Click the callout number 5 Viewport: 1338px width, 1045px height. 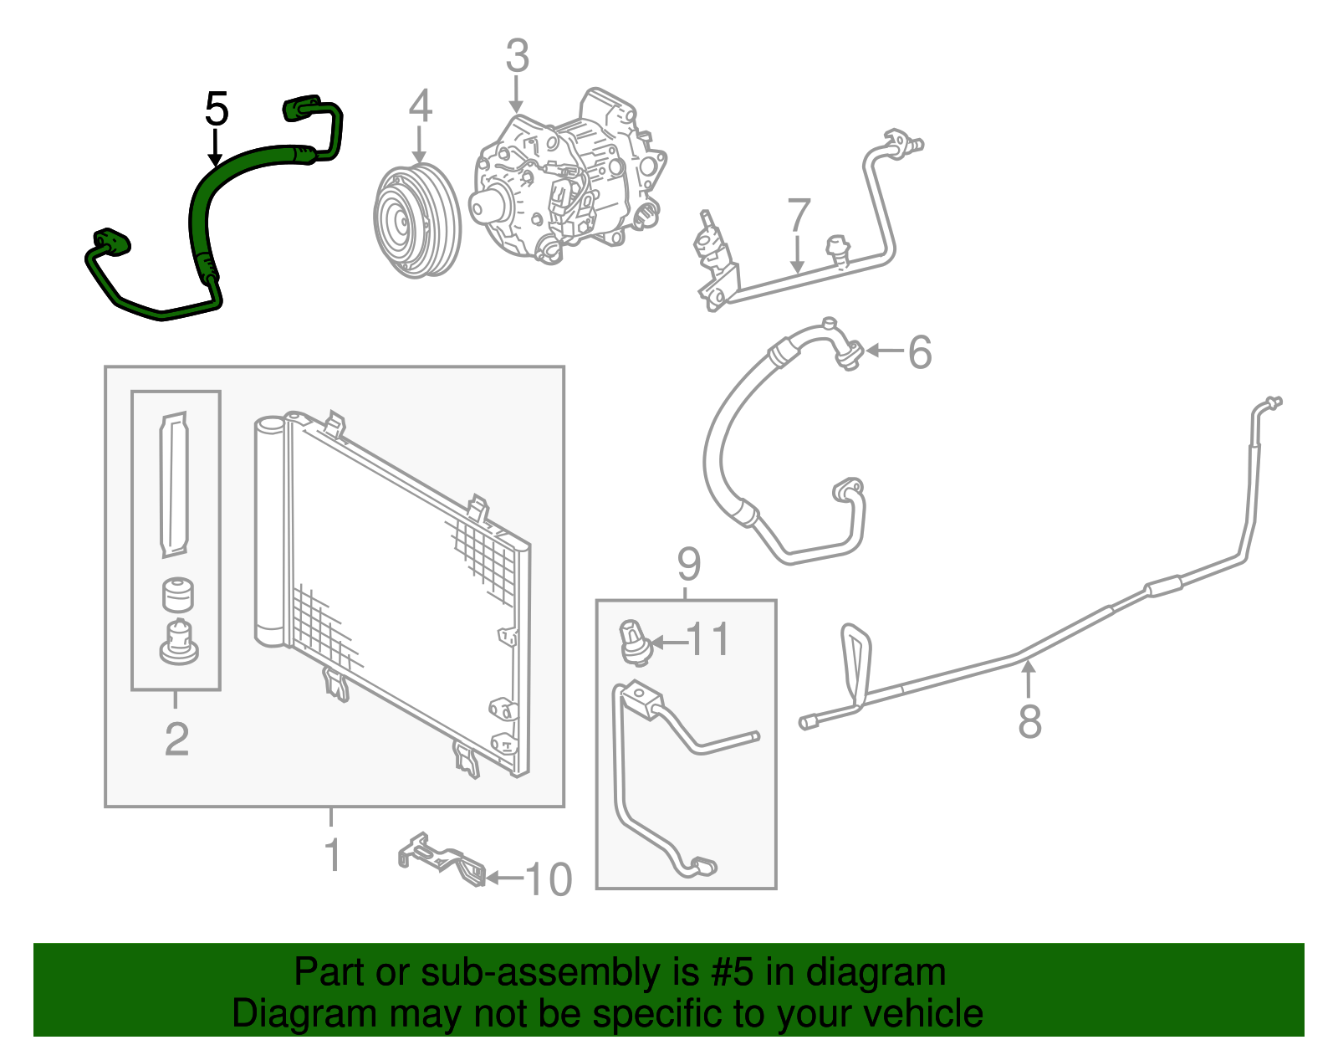(x=216, y=110)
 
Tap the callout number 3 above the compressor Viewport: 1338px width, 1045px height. (x=518, y=56)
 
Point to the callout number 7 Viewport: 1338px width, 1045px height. (x=799, y=216)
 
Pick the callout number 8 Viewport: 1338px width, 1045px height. (x=1029, y=720)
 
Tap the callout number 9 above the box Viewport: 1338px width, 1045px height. (x=688, y=565)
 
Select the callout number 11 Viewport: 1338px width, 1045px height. (x=708, y=640)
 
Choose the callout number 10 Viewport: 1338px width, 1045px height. (x=548, y=879)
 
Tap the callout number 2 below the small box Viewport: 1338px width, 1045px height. (x=176, y=739)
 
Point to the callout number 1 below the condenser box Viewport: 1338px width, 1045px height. (x=333, y=855)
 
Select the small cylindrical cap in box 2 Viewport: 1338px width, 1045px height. (x=177, y=594)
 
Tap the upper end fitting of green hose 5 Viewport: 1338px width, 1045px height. (x=302, y=106)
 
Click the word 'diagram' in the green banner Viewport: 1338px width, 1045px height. (x=876, y=973)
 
